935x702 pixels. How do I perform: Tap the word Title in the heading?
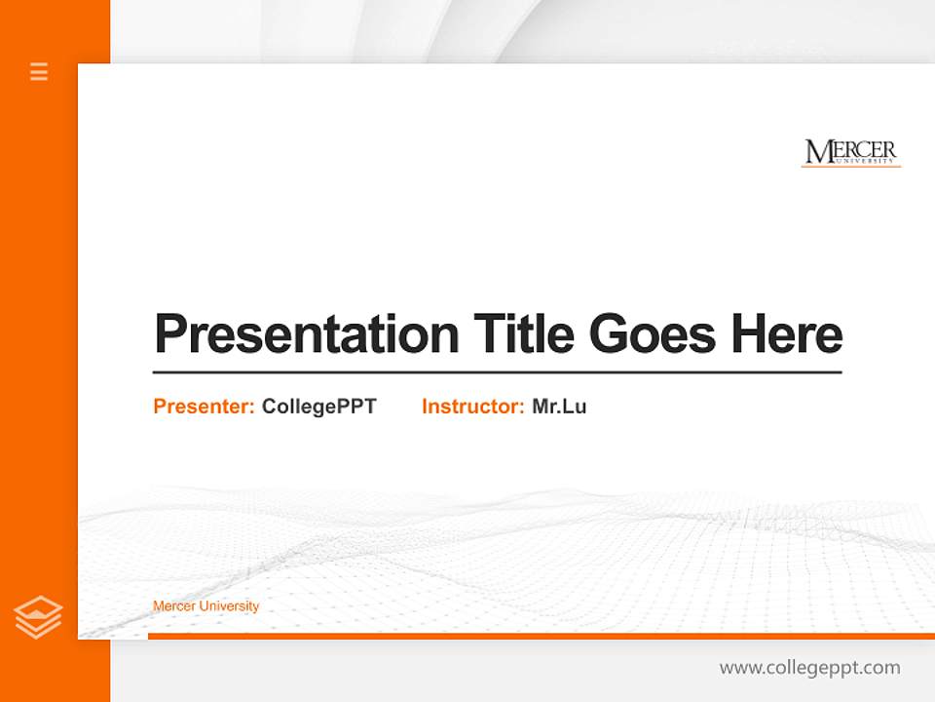coord(524,334)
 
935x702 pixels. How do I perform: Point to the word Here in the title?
coord(787,334)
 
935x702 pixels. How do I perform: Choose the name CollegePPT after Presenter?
coord(318,407)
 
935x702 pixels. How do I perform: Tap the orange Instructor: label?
coord(473,407)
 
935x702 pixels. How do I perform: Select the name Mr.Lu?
coord(559,407)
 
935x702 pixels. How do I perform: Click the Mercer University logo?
coord(850,153)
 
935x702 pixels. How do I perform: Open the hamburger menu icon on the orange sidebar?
coord(39,71)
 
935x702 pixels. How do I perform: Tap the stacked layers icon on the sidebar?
coord(38,617)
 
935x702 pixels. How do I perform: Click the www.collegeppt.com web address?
coord(809,668)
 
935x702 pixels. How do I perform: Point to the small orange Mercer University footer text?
coord(206,606)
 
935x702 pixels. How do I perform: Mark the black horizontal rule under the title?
coord(497,372)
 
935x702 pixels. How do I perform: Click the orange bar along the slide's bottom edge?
coord(541,636)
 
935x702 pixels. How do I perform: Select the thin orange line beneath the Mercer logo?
coord(850,167)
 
